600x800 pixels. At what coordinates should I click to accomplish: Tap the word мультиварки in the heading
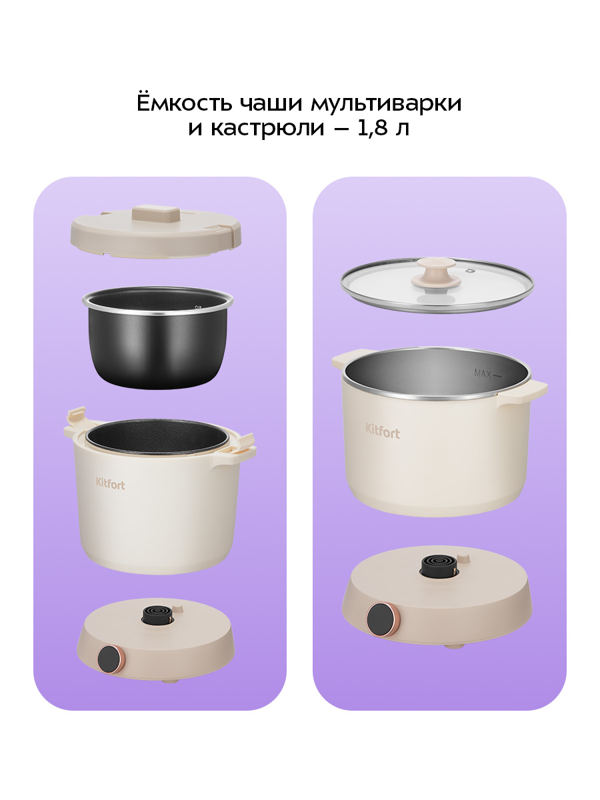(x=386, y=104)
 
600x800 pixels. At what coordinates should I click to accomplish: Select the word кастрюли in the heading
(x=267, y=128)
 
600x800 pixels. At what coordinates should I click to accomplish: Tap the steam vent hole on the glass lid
(x=471, y=271)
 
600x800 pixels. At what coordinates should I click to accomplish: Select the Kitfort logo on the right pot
(x=383, y=431)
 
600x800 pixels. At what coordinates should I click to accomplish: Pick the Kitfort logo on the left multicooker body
(x=111, y=484)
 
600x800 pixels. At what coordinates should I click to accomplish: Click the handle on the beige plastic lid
(x=155, y=213)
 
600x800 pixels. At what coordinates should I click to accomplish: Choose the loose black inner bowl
(x=157, y=337)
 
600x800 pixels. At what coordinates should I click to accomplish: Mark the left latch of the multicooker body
(x=76, y=422)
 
